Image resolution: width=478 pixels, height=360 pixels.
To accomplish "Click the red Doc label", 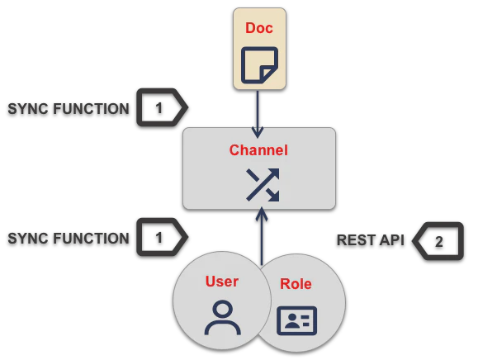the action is click(259, 28).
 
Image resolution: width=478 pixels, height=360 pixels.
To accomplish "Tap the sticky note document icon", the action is click(259, 65).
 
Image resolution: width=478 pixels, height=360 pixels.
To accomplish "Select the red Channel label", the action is click(258, 150).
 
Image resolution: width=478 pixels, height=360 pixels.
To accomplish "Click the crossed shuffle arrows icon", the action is click(263, 185).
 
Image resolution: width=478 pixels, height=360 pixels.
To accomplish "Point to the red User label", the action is click(222, 282).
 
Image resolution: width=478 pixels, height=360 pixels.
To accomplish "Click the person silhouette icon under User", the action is click(223, 318).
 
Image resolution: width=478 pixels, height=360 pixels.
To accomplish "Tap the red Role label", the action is click(296, 284).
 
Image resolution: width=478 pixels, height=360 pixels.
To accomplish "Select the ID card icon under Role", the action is click(296, 320).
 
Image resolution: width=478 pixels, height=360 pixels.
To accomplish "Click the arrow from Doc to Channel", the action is click(258, 114).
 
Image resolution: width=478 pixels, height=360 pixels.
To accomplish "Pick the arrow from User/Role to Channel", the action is click(262, 236).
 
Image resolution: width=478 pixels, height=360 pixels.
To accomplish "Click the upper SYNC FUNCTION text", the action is click(69, 109).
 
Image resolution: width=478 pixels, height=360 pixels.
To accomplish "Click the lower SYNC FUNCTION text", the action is click(69, 239).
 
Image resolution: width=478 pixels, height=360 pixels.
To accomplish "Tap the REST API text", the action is click(371, 240).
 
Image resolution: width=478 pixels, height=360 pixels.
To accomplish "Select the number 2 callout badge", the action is click(438, 241).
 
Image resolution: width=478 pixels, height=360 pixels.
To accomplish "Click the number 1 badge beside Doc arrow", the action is click(162, 107).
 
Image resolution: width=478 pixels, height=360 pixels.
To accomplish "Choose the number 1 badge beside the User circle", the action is click(162, 237).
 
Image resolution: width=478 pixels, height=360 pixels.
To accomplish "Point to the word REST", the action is click(356, 240).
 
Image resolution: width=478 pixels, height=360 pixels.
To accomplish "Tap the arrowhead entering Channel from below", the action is click(262, 213).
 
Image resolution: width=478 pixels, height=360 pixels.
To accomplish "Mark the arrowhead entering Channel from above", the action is click(258, 133).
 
